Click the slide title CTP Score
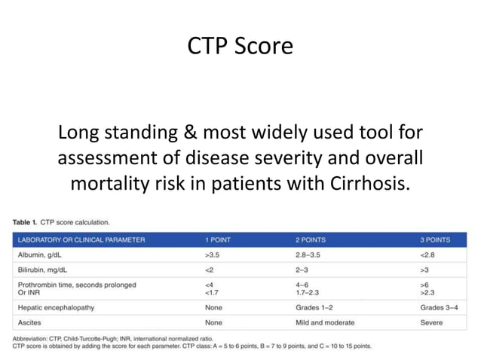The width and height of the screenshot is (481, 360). [x=240, y=47]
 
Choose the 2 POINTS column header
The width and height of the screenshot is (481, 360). [x=311, y=240]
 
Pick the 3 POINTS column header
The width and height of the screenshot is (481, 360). [x=435, y=240]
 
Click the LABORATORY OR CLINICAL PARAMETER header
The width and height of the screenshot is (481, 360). [x=81, y=240]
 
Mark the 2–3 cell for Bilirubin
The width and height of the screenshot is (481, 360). [x=301, y=269]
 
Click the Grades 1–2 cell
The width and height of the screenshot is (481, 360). [x=313, y=307]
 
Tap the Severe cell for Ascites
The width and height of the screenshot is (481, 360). [x=432, y=322]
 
